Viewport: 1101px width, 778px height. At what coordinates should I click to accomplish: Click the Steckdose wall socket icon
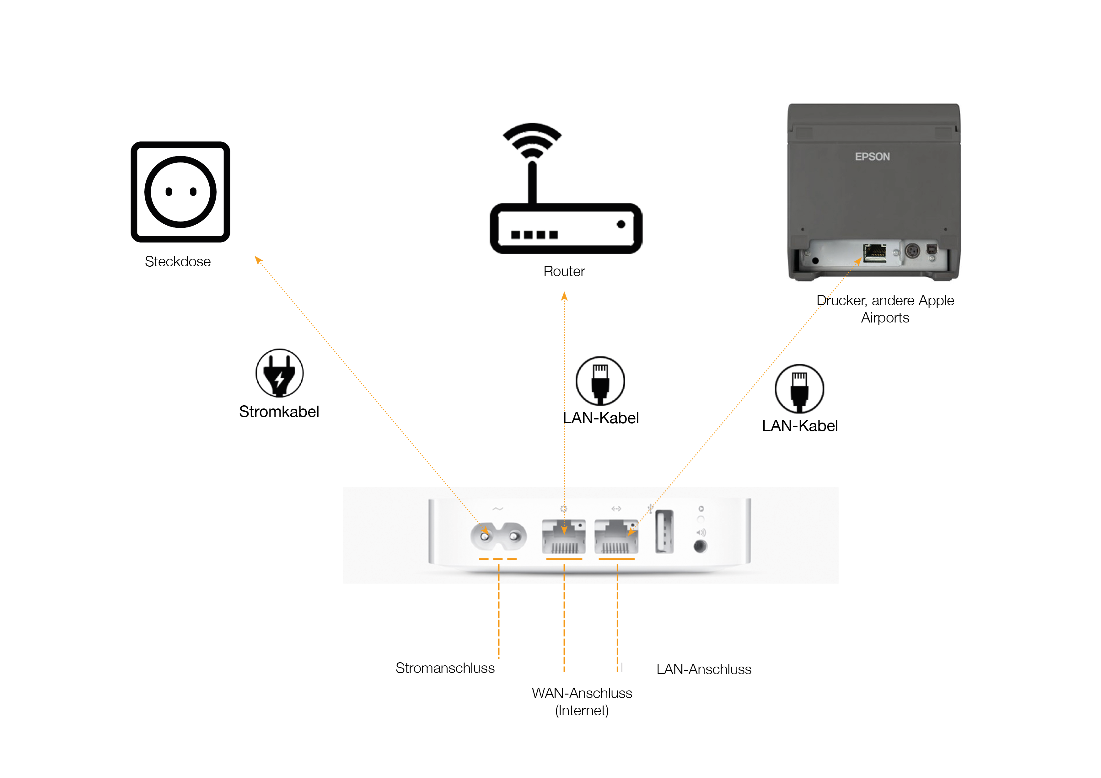pyautogui.click(x=180, y=192)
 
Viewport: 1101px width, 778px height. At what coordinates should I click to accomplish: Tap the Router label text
pyautogui.click(x=564, y=271)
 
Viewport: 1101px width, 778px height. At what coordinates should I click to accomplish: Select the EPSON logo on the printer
pyautogui.click(x=872, y=157)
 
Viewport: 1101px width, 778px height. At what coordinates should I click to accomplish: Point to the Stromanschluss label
pyautogui.click(x=445, y=668)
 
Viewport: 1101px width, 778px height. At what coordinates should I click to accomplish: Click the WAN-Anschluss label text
pyautogui.click(x=582, y=693)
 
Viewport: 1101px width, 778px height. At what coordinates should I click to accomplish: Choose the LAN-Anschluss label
pyautogui.click(x=703, y=669)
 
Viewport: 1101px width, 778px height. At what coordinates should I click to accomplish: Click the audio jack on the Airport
pyautogui.click(x=700, y=546)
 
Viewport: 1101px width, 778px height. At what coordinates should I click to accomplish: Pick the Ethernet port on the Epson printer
pyautogui.click(x=875, y=253)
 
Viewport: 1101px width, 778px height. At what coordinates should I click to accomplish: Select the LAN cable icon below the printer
pyautogui.click(x=799, y=389)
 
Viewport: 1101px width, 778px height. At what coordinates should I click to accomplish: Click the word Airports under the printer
pyautogui.click(x=885, y=318)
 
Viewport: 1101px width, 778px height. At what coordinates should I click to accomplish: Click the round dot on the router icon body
pyautogui.click(x=621, y=224)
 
